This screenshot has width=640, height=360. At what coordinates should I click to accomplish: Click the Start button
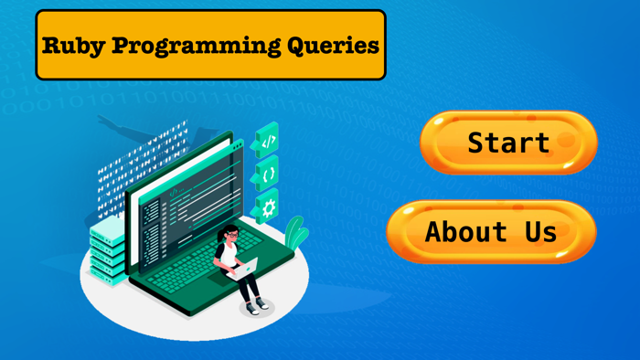(508, 143)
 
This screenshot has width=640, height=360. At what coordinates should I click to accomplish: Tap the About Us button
(491, 231)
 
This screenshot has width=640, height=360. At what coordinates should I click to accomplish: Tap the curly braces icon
(268, 174)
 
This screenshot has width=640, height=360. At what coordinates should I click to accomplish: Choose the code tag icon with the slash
(268, 143)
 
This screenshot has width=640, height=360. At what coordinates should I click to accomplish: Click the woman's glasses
(231, 237)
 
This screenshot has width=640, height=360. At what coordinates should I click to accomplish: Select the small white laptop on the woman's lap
(245, 267)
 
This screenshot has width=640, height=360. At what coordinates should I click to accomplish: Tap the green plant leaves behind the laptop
(294, 233)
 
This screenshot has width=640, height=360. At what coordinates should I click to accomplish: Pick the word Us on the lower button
(540, 231)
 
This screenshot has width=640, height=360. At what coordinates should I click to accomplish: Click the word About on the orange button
(466, 231)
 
